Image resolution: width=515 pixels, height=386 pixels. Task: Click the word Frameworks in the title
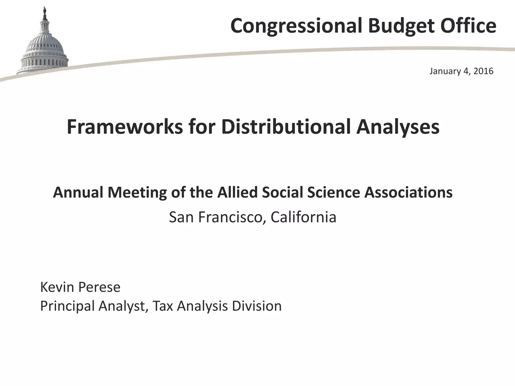(125, 127)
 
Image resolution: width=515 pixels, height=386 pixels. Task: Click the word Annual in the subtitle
(78, 192)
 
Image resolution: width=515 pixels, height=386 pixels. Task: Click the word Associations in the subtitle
(409, 192)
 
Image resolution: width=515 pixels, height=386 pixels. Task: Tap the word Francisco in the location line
(232, 217)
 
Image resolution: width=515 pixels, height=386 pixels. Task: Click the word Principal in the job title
(67, 306)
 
